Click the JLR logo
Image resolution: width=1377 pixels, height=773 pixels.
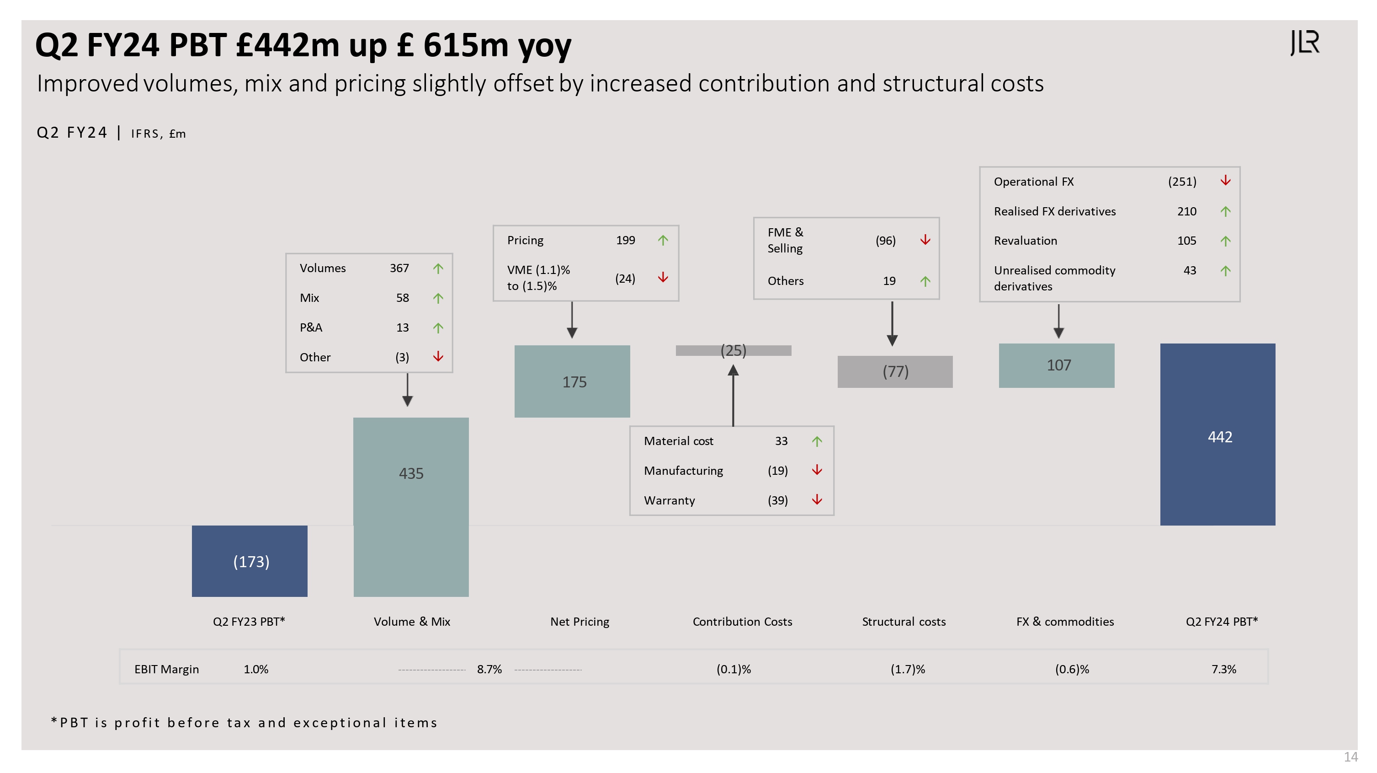(1305, 43)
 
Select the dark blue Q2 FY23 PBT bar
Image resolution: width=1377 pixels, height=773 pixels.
(250, 561)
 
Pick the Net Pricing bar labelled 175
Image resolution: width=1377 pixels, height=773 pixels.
(572, 381)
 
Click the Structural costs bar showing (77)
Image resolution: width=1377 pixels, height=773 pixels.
(895, 371)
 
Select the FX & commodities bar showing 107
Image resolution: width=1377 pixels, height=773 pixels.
(1056, 365)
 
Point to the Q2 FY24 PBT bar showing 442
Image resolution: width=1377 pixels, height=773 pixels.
(1217, 434)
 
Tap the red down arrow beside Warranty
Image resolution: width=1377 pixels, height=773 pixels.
(817, 499)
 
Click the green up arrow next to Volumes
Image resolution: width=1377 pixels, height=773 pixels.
(438, 268)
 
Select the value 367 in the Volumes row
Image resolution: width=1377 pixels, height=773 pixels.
(399, 268)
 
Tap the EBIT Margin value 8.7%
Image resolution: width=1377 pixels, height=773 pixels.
(489, 669)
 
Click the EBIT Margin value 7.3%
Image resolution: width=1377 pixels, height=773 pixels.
(1223, 669)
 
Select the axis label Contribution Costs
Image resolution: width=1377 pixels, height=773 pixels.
(742, 622)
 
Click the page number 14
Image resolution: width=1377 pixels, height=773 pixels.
(1351, 757)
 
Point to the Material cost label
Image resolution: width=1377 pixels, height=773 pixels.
(678, 441)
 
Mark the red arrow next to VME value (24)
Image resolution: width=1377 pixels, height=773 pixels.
(663, 277)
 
